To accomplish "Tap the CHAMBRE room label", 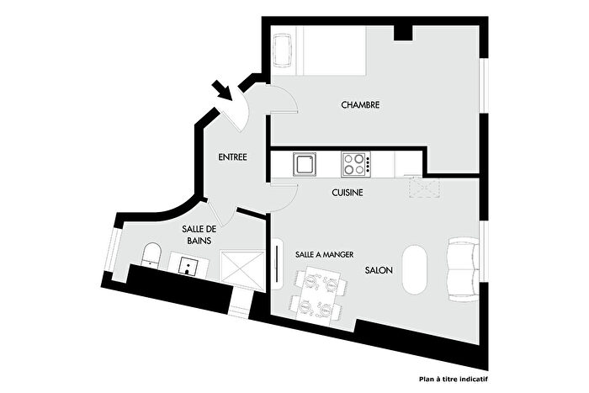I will click(x=360, y=105).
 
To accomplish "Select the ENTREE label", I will click(x=232, y=157).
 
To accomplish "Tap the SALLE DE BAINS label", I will click(x=199, y=235).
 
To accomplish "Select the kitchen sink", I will click(x=304, y=163).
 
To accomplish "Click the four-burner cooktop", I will click(x=355, y=163).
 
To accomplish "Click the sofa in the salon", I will click(x=462, y=268).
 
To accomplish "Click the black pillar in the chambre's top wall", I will click(x=404, y=32).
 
